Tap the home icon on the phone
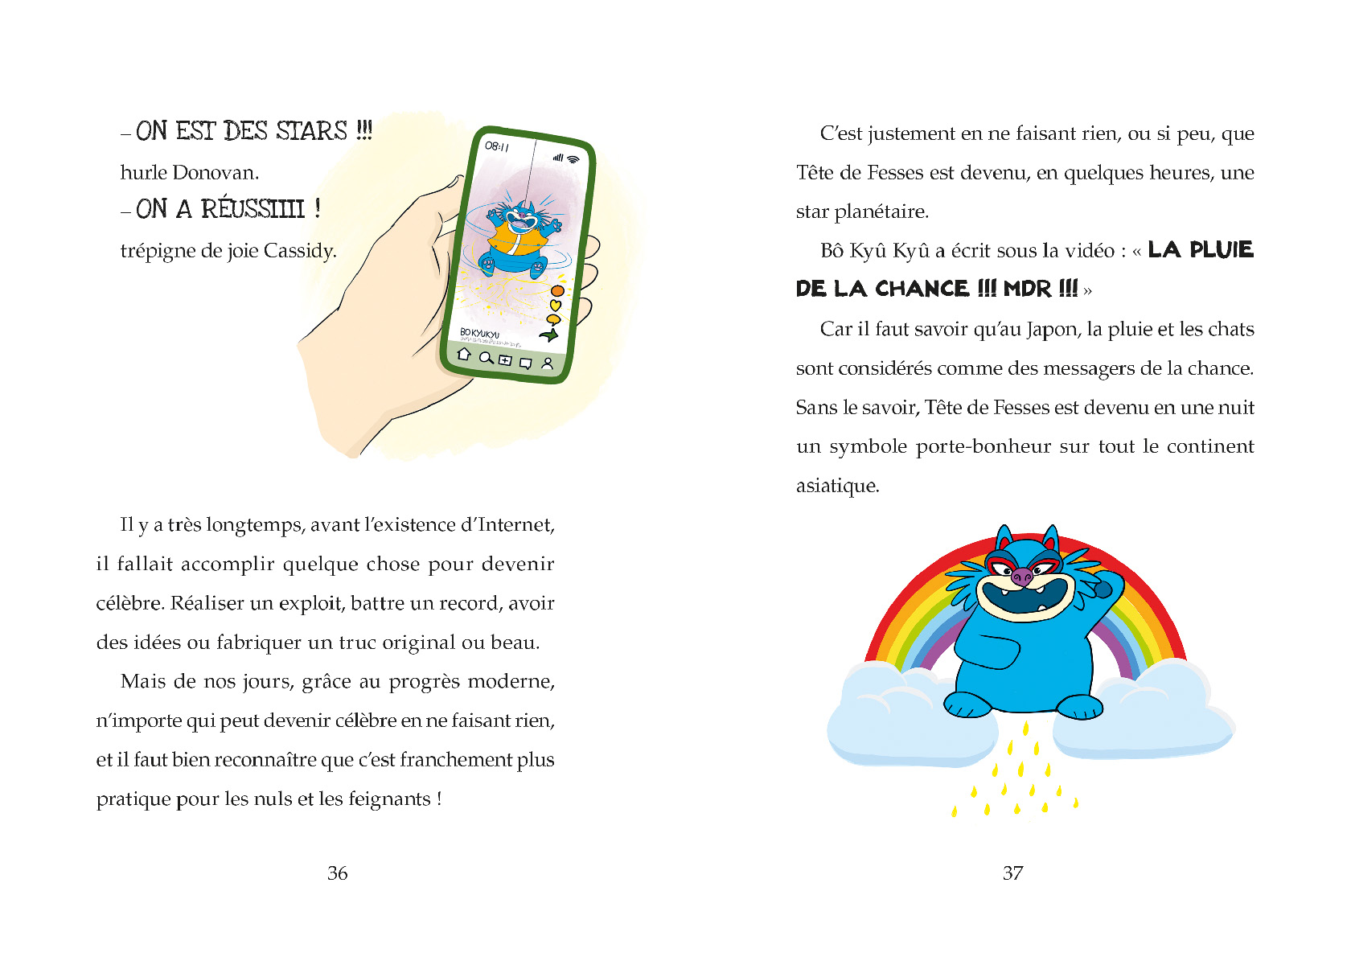point(464,354)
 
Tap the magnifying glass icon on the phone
point(486,358)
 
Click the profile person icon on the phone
point(548,363)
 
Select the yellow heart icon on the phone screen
point(555,306)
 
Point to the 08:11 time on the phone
point(496,146)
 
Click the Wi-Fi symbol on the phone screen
point(573,159)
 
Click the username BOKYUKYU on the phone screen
point(479,333)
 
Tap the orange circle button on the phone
point(557,290)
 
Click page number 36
point(338,873)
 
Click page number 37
point(1013,873)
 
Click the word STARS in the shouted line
point(312,131)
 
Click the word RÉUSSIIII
point(253,209)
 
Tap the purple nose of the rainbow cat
point(1021,576)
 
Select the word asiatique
point(837,487)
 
